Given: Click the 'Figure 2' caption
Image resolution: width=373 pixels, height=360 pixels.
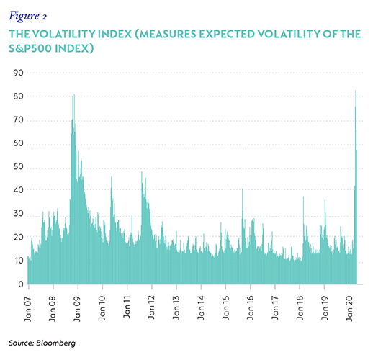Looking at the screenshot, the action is pos(28,17).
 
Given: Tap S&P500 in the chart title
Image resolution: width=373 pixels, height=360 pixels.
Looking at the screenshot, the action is pos(30,48).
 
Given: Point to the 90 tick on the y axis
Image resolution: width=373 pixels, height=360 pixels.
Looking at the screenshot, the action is pos(19,73).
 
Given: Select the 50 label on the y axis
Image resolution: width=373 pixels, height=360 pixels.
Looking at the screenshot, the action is pos(19,167).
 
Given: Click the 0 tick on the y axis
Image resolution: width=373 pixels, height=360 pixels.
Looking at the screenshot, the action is pos(21,284).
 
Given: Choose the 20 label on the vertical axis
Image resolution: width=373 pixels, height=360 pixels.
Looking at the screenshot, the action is pos(19,238).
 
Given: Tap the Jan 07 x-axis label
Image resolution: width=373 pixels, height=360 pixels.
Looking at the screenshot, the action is pos(28,309).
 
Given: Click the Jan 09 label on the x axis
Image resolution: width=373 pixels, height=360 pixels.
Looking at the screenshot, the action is pos(77,309).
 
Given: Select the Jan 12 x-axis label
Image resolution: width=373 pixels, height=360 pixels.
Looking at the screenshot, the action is pos(151,308).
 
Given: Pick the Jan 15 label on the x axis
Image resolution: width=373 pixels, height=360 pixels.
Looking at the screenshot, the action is pos(225,308).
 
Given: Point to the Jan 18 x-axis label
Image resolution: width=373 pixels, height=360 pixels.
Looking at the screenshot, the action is pos(300,308).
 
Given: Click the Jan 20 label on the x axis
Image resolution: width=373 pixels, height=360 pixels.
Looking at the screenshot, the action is pos(349,308).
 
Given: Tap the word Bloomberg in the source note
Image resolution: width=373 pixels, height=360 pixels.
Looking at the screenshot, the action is pos(55,343).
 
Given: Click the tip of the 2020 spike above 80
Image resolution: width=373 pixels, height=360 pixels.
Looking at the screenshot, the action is pos(356,90).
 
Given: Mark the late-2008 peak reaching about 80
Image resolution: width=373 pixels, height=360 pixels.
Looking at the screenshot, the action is pos(73,95).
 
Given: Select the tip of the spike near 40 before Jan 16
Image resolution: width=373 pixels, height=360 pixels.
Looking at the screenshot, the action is pos(243,189).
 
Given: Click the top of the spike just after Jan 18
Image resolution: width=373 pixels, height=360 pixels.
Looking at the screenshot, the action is pos(303,197).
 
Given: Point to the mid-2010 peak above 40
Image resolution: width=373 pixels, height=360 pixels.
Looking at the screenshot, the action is pos(112,177).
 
